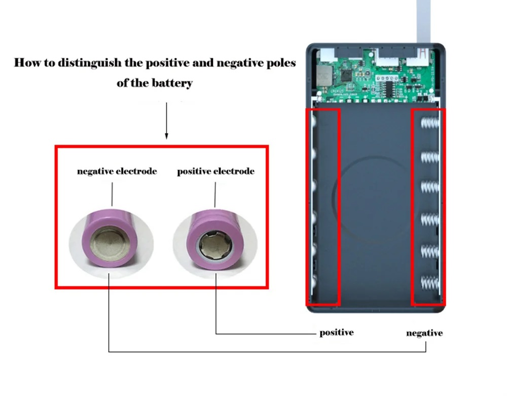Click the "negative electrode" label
(117, 171)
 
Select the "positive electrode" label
(215, 171)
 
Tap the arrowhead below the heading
(166, 136)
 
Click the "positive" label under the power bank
(336, 333)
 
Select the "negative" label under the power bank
(424, 333)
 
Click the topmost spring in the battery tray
(430, 123)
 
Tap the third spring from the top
(430, 186)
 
